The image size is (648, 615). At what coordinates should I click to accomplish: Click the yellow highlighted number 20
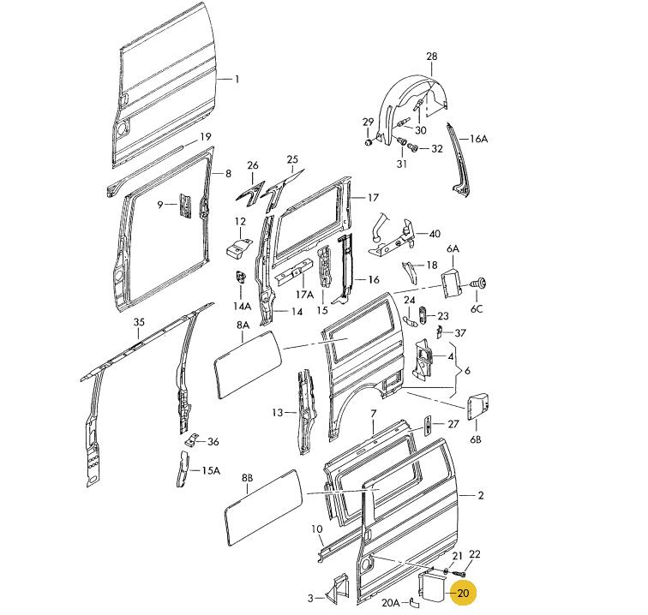(463, 593)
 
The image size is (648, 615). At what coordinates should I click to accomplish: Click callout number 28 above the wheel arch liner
(431, 57)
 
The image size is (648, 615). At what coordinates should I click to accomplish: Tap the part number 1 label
(237, 80)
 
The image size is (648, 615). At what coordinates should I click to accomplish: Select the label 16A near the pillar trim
(477, 139)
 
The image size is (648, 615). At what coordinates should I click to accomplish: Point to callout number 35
(139, 322)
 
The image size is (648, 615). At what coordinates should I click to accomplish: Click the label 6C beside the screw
(474, 308)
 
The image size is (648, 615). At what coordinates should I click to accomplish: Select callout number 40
(434, 234)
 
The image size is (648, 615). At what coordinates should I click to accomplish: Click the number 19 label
(206, 137)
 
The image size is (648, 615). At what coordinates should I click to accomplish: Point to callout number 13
(278, 413)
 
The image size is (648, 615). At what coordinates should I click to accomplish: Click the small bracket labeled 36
(195, 439)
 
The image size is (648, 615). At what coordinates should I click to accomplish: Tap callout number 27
(454, 423)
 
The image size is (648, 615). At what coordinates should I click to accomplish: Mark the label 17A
(304, 295)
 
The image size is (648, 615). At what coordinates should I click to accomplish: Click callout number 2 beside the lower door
(481, 495)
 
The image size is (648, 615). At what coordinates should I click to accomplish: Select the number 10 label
(317, 528)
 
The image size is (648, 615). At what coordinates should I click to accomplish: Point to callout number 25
(292, 159)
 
